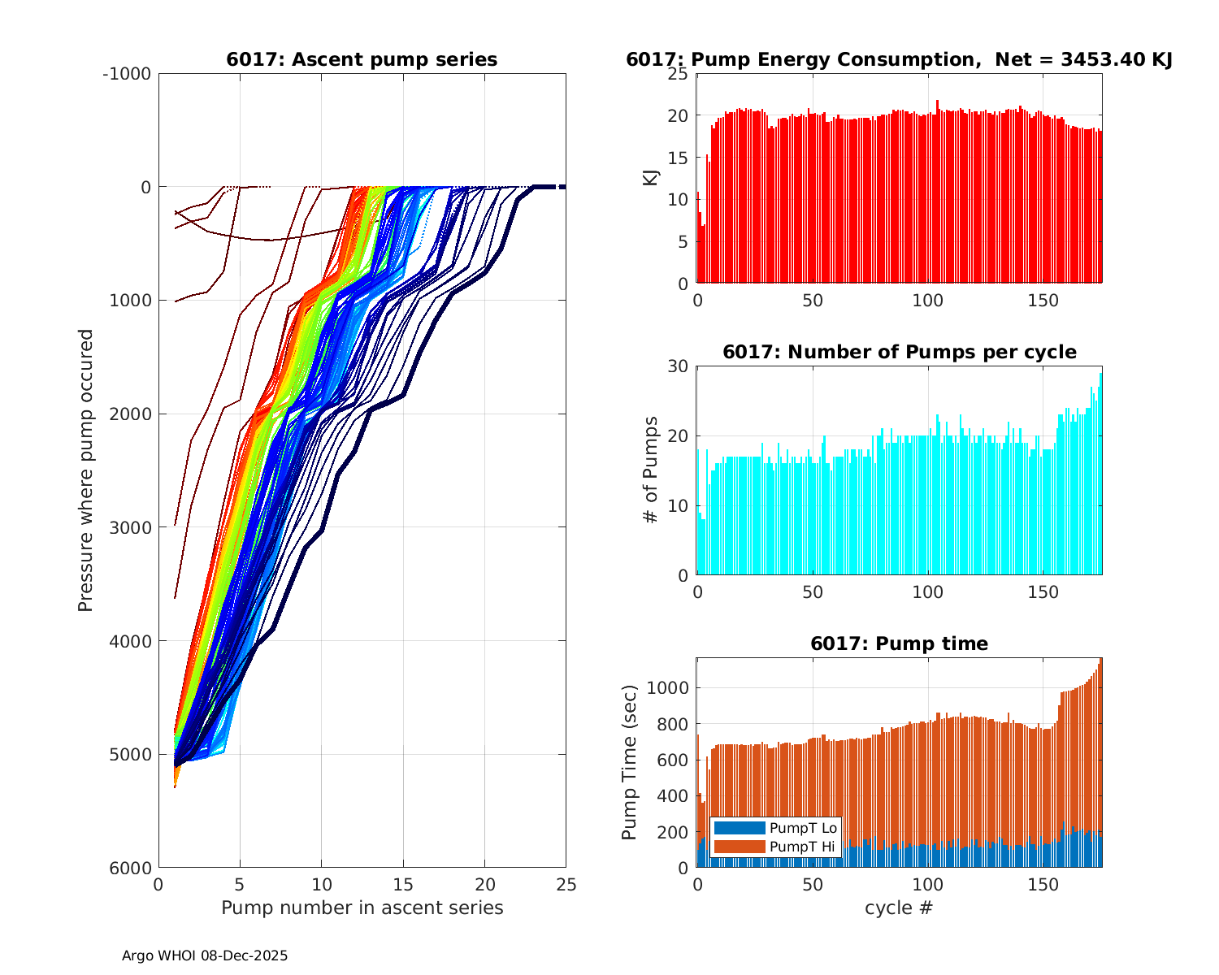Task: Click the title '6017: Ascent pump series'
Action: [362, 60]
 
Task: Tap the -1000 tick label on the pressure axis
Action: [127, 74]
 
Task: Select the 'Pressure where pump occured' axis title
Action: [86, 470]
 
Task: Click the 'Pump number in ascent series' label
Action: [362, 908]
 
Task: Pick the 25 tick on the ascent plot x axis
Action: [566, 885]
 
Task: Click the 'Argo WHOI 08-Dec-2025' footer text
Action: [205, 956]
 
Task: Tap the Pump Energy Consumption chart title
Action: [899, 60]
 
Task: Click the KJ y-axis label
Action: [651, 178]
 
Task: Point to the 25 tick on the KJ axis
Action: [678, 74]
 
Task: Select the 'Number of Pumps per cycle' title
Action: [899, 353]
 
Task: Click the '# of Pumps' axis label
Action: [651, 470]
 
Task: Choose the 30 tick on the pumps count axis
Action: [678, 366]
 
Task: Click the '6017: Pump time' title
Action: [899, 644]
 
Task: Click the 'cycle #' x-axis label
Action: [899, 908]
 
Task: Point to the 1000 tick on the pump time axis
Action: [668, 688]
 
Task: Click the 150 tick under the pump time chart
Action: [1043, 885]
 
